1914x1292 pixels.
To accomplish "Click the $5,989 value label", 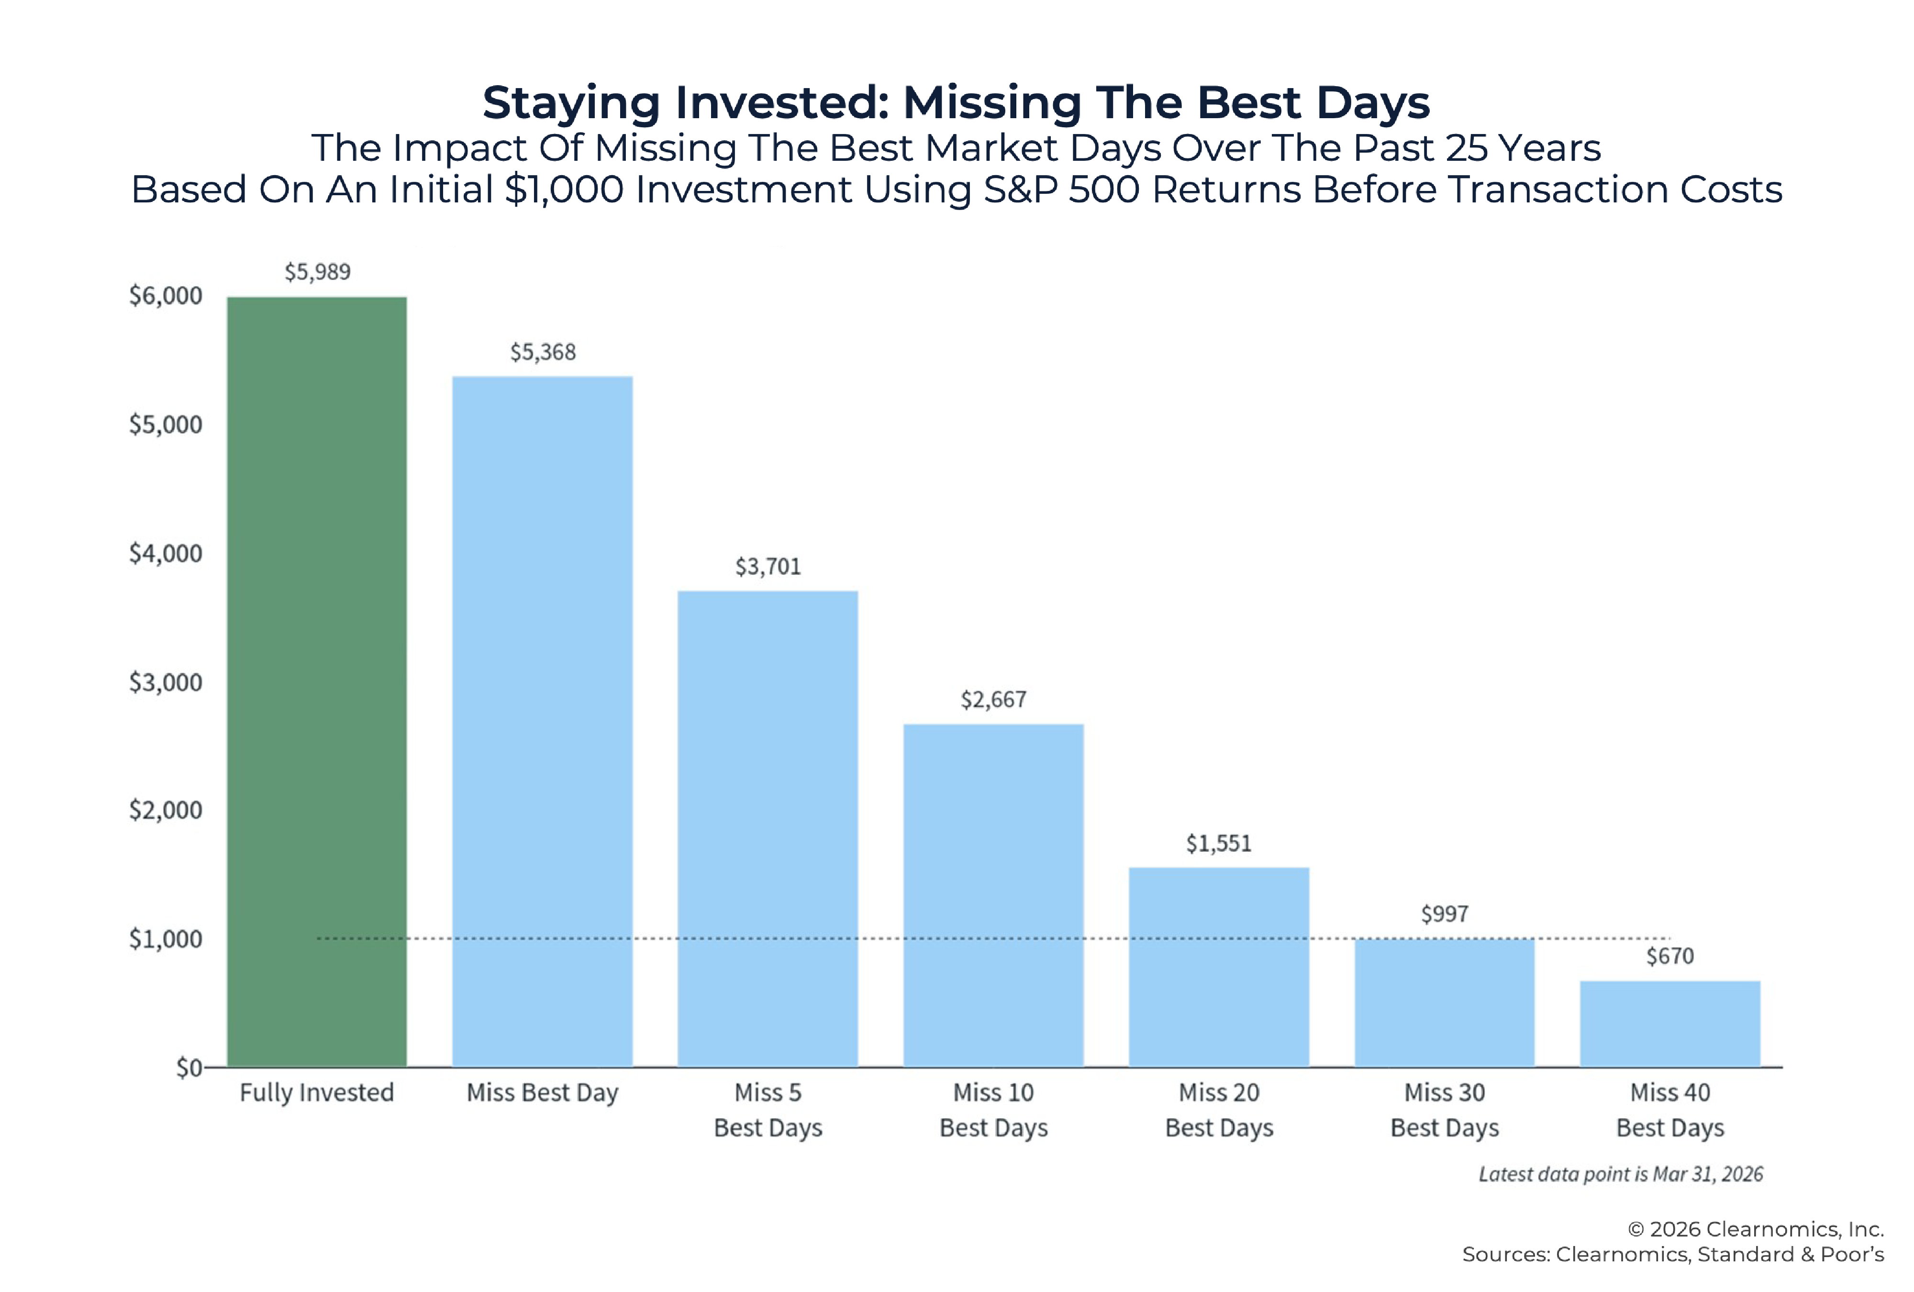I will (317, 272).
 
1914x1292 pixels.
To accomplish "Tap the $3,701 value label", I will (768, 567).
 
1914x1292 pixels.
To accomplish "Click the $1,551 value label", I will (1218, 843).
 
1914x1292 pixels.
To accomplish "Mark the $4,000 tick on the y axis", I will (166, 553).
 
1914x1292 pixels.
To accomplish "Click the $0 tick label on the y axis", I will (189, 1068).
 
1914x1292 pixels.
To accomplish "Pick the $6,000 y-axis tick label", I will (166, 296).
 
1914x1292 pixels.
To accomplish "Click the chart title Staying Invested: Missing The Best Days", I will (956, 103).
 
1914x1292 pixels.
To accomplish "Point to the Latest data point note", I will (1620, 1174).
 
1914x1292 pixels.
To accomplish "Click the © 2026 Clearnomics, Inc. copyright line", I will (1755, 1229).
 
